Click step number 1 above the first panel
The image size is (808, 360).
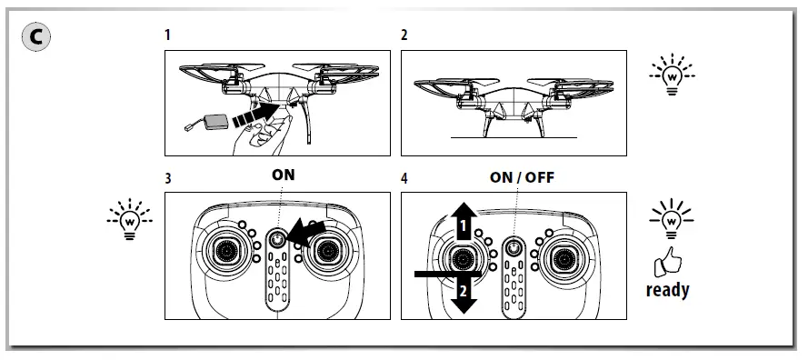tap(168, 35)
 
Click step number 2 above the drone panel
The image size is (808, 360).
tap(404, 35)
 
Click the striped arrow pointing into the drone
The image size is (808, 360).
tap(254, 114)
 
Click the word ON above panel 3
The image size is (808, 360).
tap(283, 175)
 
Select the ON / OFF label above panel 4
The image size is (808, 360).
tap(522, 176)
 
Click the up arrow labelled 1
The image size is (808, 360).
tap(464, 221)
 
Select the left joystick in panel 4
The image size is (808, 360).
tap(465, 258)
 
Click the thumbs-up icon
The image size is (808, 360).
tap(668, 265)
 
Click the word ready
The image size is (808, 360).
tap(667, 291)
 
